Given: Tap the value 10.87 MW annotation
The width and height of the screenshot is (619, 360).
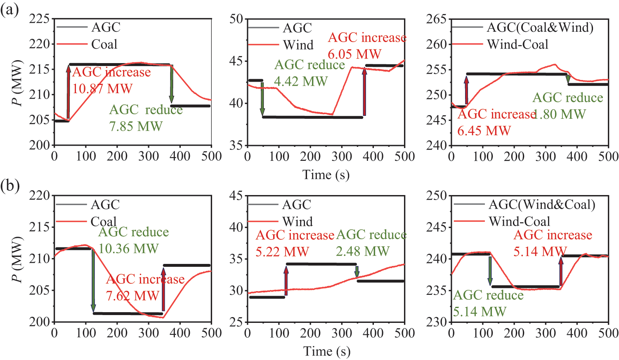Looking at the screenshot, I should (x=102, y=89).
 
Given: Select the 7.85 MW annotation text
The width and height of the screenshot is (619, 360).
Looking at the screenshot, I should (x=136, y=126).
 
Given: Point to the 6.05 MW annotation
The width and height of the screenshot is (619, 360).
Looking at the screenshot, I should (x=354, y=54).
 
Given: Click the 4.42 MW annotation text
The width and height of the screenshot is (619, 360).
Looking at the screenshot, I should (x=301, y=81).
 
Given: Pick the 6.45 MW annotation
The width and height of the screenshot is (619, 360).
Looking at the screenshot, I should (x=484, y=131).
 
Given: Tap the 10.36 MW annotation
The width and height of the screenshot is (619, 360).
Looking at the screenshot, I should (x=128, y=249).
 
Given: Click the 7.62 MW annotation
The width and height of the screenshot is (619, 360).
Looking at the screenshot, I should (x=132, y=296).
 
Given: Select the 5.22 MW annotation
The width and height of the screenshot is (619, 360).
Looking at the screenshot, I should (x=282, y=252).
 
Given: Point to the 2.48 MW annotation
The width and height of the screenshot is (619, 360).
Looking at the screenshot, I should (x=363, y=251).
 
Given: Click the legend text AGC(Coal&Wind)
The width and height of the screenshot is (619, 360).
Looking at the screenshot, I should (x=540, y=28).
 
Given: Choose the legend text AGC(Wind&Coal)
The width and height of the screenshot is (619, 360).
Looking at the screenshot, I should (x=542, y=205).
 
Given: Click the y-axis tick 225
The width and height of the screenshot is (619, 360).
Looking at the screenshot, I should (x=40, y=19).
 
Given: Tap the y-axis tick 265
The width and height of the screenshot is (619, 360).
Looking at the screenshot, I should (x=437, y=19).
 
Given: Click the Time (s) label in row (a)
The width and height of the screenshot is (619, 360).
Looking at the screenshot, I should (x=326, y=175).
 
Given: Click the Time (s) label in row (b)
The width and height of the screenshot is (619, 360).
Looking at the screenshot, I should (x=326, y=351).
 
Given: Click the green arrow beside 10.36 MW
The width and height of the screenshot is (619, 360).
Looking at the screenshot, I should (x=93, y=280).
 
